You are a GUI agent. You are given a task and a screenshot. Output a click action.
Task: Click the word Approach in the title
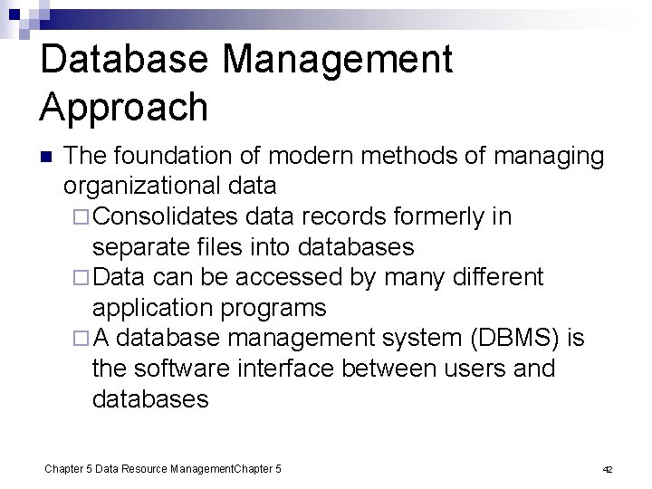click(124, 108)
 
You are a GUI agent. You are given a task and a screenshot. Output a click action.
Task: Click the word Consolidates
click(165, 217)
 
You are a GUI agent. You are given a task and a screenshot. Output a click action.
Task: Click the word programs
click(278, 308)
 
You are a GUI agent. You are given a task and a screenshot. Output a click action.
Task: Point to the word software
click(189, 369)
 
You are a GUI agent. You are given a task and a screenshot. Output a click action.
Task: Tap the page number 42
click(608, 470)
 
